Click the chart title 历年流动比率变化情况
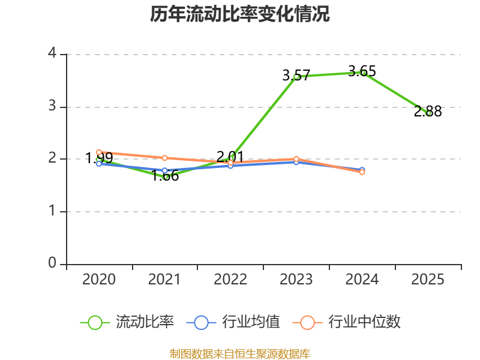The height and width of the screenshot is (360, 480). point(239,14)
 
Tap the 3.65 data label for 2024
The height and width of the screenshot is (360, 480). point(362,71)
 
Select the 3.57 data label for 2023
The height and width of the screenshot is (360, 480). point(296,76)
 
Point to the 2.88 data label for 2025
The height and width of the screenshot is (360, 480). point(428,112)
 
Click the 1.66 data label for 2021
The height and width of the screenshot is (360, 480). point(165,176)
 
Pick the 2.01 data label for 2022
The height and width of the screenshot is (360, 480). point(230,157)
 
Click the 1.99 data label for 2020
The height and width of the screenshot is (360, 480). point(99,158)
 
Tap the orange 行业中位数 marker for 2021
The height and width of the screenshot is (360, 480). point(164,158)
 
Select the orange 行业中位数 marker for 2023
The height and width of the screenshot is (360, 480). point(296,159)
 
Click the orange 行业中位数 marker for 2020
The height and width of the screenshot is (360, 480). point(99,152)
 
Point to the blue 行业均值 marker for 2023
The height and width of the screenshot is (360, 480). point(296,162)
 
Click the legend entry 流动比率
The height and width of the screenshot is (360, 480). point(127,322)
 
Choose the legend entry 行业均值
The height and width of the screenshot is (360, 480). point(233,322)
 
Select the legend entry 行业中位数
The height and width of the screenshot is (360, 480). point(346,322)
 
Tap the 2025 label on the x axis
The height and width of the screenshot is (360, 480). point(428,279)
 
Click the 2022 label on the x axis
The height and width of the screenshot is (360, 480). point(230,279)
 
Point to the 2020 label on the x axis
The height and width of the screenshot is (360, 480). point(99,279)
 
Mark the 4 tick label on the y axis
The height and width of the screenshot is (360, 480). point(52,53)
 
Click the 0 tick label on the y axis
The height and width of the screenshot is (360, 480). point(52,263)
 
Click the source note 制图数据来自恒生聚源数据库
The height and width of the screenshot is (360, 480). point(240,354)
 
